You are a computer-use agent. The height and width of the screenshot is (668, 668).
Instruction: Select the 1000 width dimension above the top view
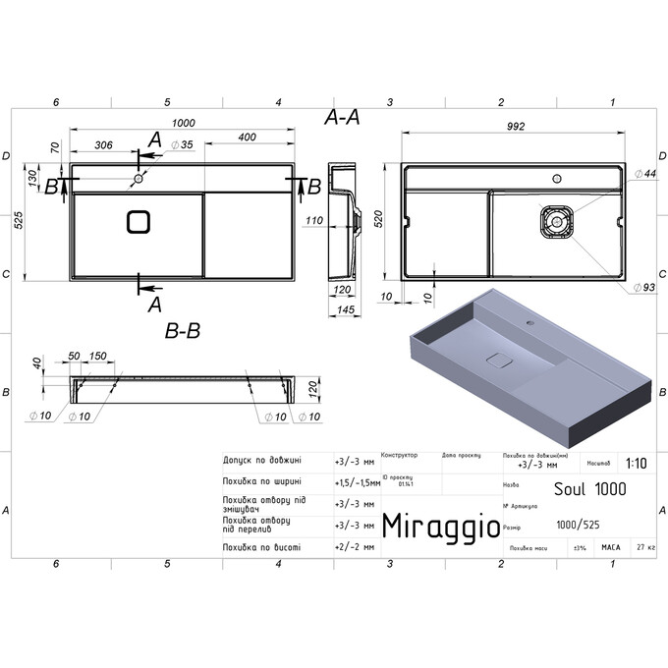pyautogui.click(x=182, y=123)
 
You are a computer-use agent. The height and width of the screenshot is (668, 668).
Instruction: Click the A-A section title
pyautogui.click(x=342, y=117)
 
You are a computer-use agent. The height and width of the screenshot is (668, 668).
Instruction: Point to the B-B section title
pyautogui.click(x=183, y=331)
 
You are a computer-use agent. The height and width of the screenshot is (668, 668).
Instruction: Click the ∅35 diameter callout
pyautogui.click(x=181, y=145)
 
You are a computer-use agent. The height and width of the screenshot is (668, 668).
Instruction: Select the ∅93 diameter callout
pyautogui.click(x=643, y=287)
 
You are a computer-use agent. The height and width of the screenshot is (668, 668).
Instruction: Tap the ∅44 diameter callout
pyautogui.click(x=644, y=174)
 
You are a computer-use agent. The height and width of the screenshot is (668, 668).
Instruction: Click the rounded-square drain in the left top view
pyautogui.click(x=139, y=222)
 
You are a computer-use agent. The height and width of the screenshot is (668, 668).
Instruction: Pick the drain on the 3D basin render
pyautogui.click(x=500, y=359)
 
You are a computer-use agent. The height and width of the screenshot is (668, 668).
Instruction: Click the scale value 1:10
pyautogui.click(x=637, y=463)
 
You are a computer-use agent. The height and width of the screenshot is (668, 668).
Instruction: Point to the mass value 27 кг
pyautogui.click(x=644, y=546)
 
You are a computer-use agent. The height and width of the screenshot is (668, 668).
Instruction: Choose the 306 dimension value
pyautogui.click(x=102, y=145)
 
